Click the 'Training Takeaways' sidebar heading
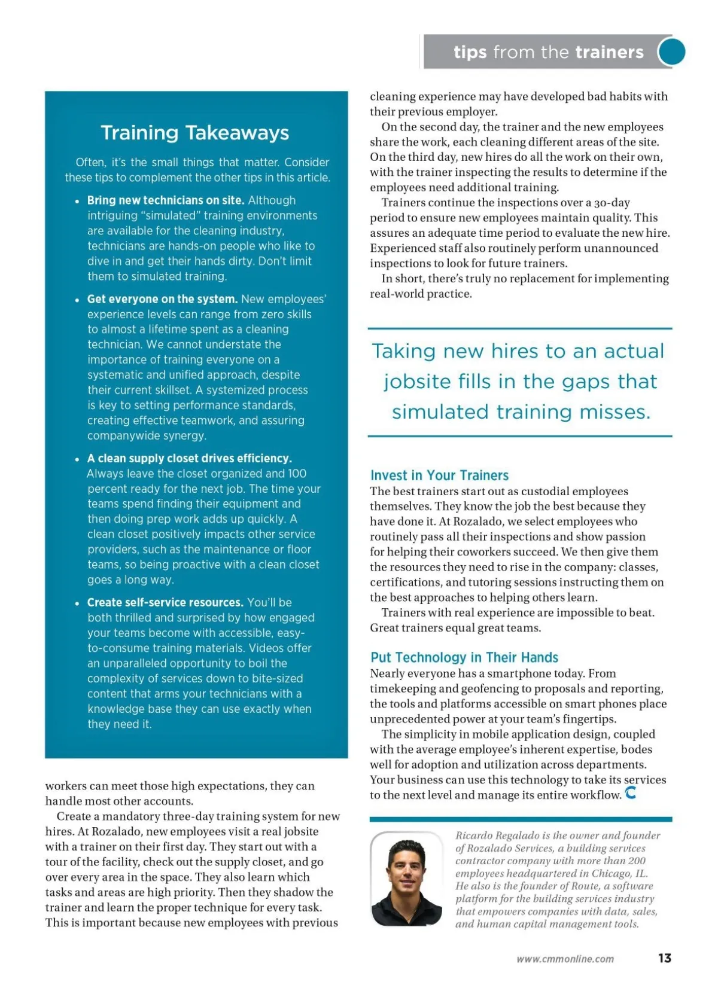tap(194, 133)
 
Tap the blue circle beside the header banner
tap(672, 52)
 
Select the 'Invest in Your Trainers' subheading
tap(439, 475)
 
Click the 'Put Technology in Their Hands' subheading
tap(464, 657)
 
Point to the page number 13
tap(664, 958)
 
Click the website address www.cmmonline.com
tap(565, 959)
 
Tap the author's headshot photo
tap(406, 879)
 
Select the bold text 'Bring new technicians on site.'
tap(166, 200)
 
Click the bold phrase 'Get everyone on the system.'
tap(162, 299)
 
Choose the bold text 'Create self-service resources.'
tap(165, 602)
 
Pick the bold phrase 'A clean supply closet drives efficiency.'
tap(189, 458)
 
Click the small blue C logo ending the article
tap(631, 793)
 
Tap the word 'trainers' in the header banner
tap(609, 52)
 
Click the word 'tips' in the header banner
tap(470, 52)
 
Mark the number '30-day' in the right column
tap(611, 203)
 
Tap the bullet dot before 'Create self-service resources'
tap(77, 603)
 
